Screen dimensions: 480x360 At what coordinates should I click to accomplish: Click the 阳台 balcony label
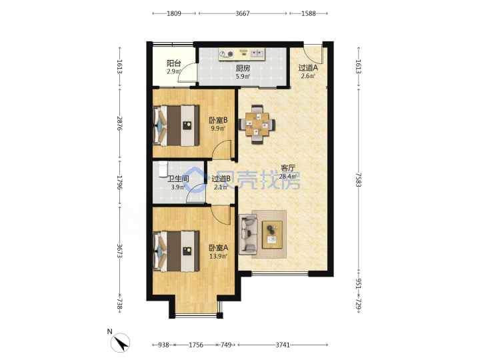point(174,63)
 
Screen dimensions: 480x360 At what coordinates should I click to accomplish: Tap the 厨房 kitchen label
point(243,68)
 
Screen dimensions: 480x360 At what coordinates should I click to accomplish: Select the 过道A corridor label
point(308,67)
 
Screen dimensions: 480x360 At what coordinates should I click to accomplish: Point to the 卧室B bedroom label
point(218,120)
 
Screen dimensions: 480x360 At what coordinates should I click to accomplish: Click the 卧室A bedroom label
point(218,247)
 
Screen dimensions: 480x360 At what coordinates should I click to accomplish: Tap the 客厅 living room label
point(288,168)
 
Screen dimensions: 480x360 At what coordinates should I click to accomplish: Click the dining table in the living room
point(257,124)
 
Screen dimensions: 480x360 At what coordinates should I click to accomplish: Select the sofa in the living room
point(248,234)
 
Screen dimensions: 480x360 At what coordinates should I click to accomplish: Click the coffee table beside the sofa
point(272,235)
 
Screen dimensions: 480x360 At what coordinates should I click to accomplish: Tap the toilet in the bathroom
point(163,169)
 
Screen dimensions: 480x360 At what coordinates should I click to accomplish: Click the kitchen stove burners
point(226,55)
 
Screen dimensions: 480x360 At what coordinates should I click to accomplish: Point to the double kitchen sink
point(257,54)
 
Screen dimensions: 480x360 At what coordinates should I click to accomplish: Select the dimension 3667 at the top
point(243,13)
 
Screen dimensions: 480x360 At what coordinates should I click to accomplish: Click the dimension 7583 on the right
point(358,180)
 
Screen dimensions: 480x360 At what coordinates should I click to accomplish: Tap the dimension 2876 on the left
point(120,124)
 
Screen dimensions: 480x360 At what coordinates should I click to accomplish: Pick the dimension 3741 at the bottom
point(283,345)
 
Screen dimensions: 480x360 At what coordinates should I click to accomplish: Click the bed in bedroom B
point(176,126)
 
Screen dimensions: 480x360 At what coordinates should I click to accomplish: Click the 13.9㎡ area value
point(218,256)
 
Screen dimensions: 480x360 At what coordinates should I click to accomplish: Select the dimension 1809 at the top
point(174,13)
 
